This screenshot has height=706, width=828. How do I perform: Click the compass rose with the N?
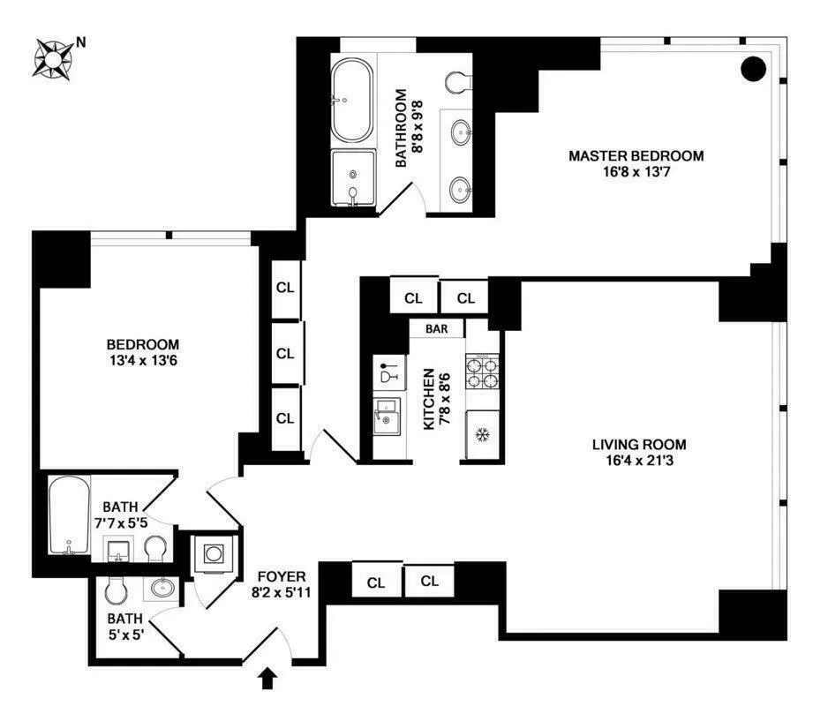(x=53, y=58)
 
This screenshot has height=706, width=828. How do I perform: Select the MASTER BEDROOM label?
(x=636, y=156)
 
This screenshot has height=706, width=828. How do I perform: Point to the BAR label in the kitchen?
(x=437, y=328)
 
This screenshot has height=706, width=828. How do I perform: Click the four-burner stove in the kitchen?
(x=482, y=372)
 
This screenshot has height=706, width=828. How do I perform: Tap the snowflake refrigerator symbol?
(x=482, y=434)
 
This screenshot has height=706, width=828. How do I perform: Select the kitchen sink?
(x=386, y=415)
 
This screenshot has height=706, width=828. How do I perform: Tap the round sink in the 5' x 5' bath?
(x=161, y=587)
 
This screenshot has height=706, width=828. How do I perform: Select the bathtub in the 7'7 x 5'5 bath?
(x=69, y=516)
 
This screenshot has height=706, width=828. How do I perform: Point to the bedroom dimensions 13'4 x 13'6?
(x=143, y=360)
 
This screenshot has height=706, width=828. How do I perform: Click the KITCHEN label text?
(x=429, y=399)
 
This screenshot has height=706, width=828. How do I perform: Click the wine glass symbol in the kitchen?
(x=387, y=372)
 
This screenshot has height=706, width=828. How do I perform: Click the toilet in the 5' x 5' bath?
(x=115, y=589)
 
